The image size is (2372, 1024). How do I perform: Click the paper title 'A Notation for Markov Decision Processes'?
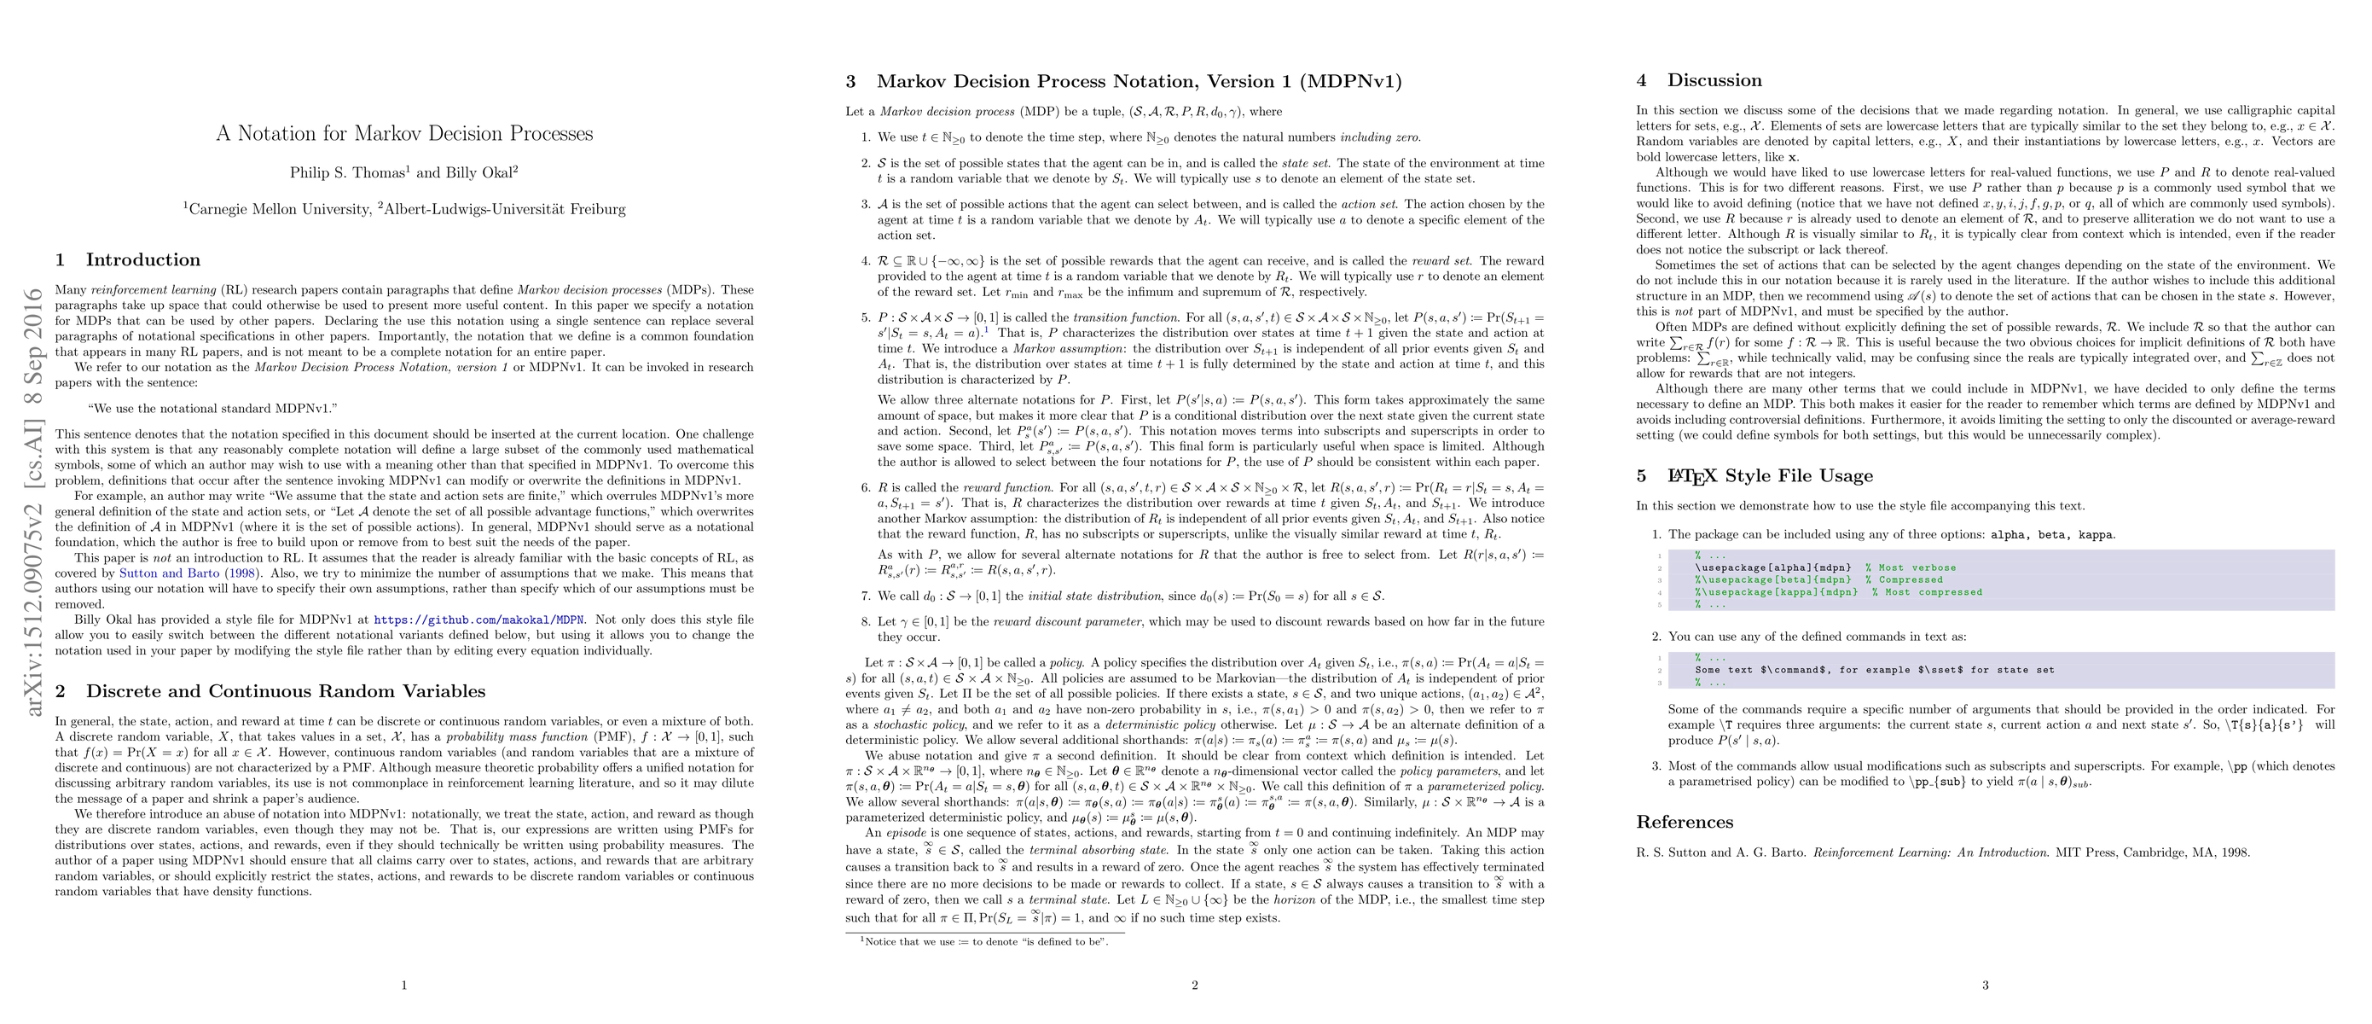point(404,133)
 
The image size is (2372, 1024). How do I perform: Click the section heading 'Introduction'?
point(142,259)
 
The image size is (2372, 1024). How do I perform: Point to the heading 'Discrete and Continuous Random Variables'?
point(286,691)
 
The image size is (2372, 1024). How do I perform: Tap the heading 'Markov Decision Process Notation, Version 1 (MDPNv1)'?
point(1139,81)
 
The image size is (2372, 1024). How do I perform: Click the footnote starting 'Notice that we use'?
point(984,941)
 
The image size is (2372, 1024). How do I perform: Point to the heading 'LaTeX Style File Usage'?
point(1770,476)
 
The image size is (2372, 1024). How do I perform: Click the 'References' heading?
point(1685,823)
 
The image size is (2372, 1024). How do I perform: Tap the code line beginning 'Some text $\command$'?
point(1874,671)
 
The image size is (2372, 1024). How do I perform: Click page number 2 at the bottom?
point(1194,986)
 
